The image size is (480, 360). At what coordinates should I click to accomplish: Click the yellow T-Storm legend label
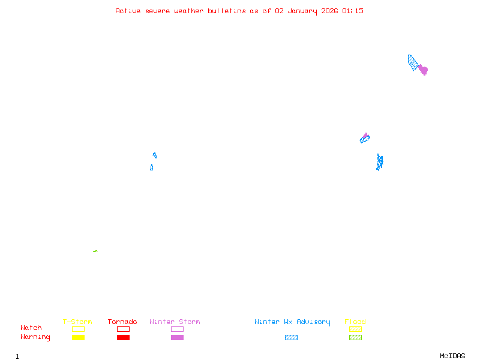(x=77, y=322)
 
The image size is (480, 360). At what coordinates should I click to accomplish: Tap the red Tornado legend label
(x=122, y=322)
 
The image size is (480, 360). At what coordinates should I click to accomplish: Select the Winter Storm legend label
(x=175, y=322)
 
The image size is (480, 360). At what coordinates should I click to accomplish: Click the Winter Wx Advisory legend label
(x=292, y=322)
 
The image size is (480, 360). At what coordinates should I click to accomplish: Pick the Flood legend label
(x=355, y=322)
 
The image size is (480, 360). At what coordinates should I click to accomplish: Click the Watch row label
(x=31, y=328)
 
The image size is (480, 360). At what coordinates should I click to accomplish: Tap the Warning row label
(x=35, y=337)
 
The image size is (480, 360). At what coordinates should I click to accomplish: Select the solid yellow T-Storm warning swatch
(x=78, y=338)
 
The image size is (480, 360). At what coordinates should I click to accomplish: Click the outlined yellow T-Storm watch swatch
(x=78, y=329)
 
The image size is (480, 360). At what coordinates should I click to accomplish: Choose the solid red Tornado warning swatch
(x=123, y=338)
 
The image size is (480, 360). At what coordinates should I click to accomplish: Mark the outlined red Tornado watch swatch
(x=123, y=329)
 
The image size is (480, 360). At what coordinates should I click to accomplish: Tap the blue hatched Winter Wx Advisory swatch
(x=291, y=338)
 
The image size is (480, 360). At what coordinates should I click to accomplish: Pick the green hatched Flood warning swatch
(x=355, y=338)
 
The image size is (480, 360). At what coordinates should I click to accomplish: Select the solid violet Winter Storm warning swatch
(x=177, y=338)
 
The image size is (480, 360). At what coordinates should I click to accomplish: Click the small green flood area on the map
(x=95, y=251)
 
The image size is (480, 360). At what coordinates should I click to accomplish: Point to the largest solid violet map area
(x=423, y=70)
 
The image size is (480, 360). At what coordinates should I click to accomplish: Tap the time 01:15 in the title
(x=353, y=11)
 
